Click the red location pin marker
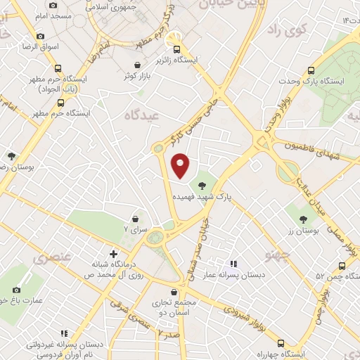click(181, 164)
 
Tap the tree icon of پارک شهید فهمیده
click(202, 186)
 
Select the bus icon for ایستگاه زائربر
click(176, 49)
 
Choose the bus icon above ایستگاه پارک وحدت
click(310, 70)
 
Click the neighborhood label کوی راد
click(288, 31)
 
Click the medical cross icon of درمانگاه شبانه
click(113, 254)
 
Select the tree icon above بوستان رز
click(304, 219)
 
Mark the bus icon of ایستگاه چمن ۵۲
click(342, 266)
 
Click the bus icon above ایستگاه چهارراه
click(281, 343)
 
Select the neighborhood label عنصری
click(51, 258)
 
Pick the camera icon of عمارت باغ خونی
click(17, 290)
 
